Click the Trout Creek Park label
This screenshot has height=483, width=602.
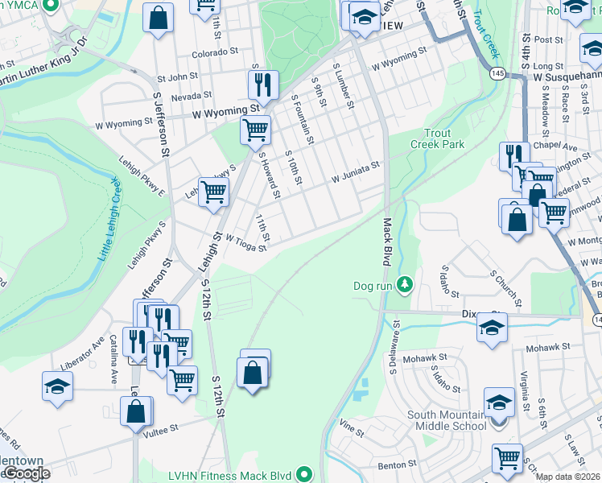(x=442, y=138)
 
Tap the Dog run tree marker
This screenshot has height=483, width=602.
(x=405, y=285)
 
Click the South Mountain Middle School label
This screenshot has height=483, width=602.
(x=446, y=420)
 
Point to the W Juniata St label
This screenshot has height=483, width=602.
(x=355, y=170)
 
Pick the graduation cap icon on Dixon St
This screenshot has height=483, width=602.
(x=492, y=328)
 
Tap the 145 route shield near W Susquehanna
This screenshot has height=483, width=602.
(x=497, y=73)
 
